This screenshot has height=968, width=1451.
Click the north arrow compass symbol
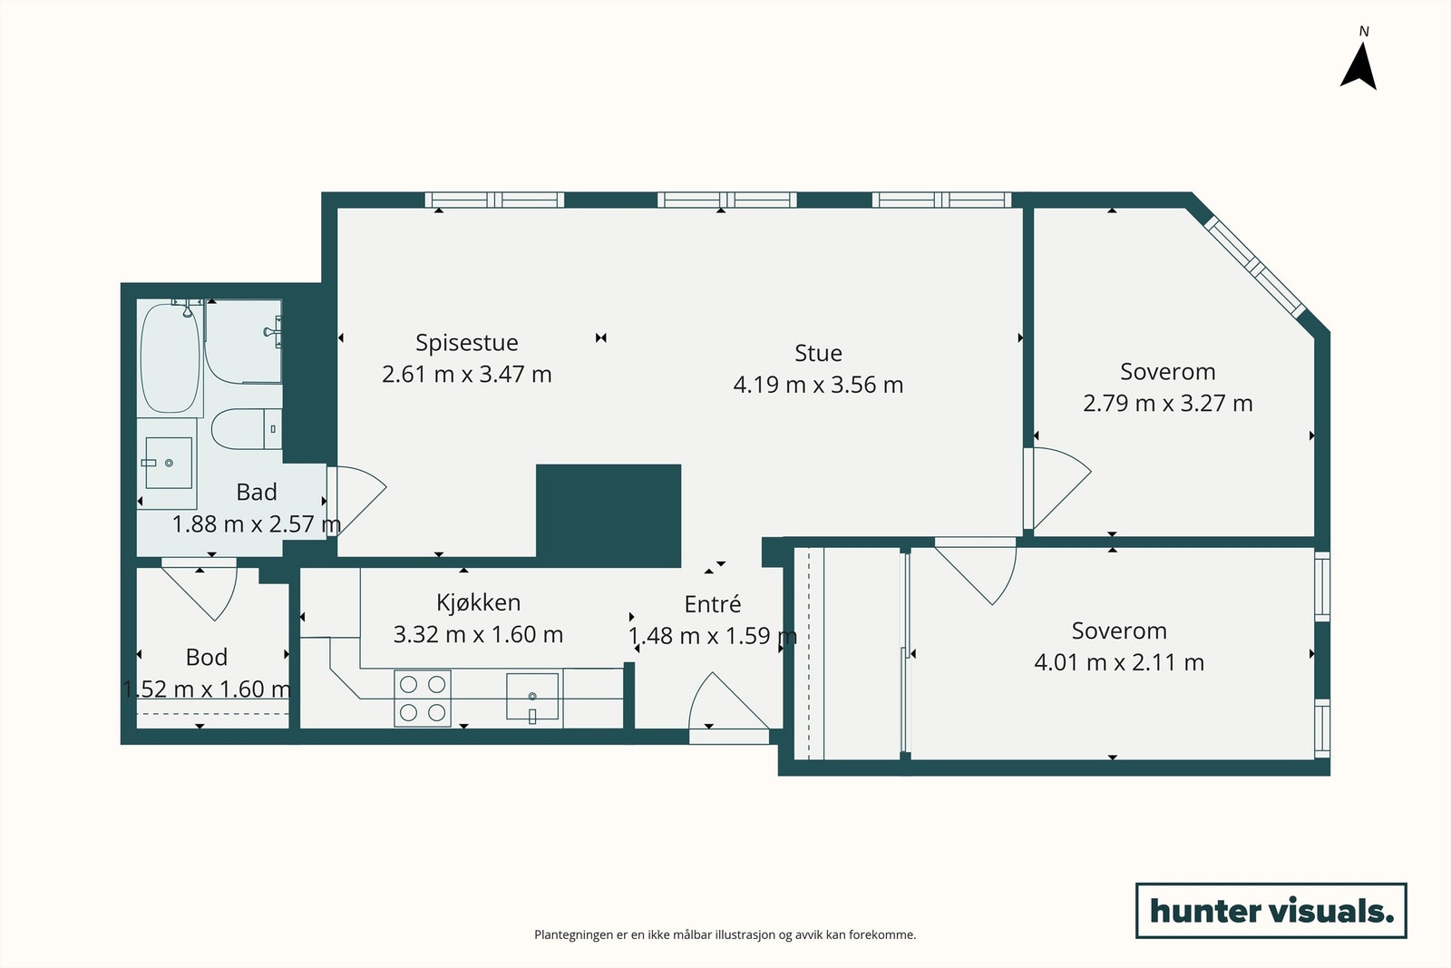1359,67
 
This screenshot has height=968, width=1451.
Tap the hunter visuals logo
1271,910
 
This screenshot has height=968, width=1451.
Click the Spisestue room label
466,343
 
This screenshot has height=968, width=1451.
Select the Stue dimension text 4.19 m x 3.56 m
818,385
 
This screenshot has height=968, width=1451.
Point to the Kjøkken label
478,602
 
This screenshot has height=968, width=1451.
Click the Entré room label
713,604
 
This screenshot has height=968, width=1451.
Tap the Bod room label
207,657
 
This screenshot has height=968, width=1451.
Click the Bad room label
257,493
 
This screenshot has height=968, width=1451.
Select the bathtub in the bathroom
170,358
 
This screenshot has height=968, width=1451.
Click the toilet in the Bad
247,429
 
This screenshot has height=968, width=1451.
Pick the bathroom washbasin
169,463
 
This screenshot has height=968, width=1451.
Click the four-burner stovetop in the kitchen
423,699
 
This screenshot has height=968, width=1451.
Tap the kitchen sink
531,697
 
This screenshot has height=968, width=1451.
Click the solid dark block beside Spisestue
609,515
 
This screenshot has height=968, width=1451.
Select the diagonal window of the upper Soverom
1255,267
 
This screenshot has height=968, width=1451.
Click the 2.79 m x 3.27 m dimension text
1168,403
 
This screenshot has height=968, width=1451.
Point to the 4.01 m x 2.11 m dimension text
1119,662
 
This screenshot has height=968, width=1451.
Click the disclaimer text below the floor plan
725,934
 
